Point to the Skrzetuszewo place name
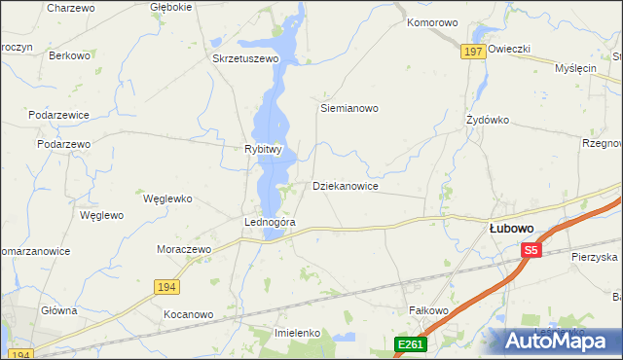[245, 58]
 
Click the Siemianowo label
[348, 109]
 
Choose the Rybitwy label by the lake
[262, 150]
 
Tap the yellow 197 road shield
[473, 52]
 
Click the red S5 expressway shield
[530, 250]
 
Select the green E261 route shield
[409, 344]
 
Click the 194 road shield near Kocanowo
[166, 285]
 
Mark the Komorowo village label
[432, 22]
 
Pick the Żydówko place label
[488, 121]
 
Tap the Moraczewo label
[184, 249]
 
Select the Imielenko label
[299, 333]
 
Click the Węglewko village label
[167, 198]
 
